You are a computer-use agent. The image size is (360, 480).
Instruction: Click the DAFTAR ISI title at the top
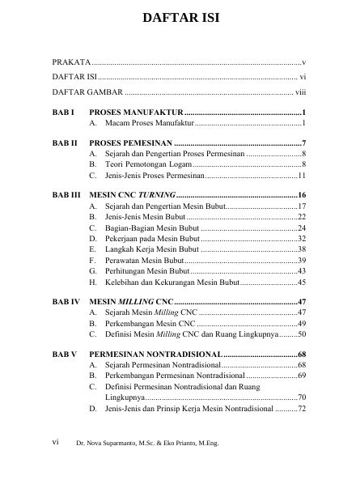180,17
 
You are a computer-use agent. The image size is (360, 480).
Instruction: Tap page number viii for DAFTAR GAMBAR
299,91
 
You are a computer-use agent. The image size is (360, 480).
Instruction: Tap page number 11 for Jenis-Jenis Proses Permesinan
300,176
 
